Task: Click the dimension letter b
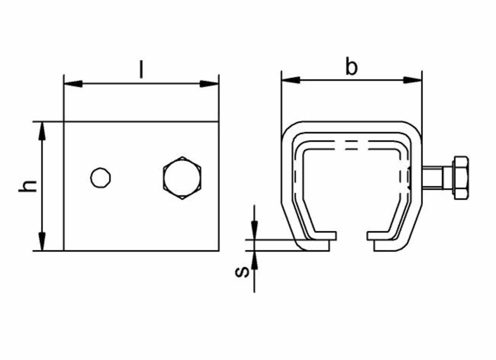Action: click(x=351, y=66)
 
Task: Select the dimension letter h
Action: click(x=27, y=186)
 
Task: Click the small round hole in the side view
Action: click(x=100, y=178)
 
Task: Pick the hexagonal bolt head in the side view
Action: click(x=182, y=178)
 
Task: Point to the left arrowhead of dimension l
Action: click(x=73, y=84)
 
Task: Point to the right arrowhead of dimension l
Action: click(x=209, y=84)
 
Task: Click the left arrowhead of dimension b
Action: click(x=291, y=80)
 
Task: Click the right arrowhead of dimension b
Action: click(x=413, y=80)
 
